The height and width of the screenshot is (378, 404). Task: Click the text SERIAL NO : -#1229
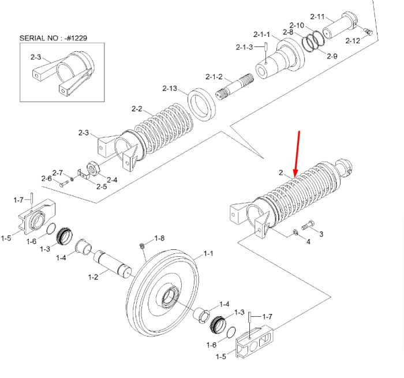click(53, 38)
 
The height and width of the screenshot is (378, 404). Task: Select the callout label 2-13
click(170, 88)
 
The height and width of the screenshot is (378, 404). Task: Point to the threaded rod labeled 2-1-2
click(234, 87)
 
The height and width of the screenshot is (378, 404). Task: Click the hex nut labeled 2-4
click(93, 169)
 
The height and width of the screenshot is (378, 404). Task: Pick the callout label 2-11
click(317, 17)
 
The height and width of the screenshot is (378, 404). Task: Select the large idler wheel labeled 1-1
click(163, 293)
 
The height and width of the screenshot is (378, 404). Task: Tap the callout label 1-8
click(159, 238)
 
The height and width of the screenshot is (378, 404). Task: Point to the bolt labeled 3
click(308, 225)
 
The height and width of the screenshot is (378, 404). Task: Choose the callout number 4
click(308, 242)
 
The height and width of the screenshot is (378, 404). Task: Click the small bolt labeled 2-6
click(64, 184)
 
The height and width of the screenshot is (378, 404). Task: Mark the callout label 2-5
click(102, 186)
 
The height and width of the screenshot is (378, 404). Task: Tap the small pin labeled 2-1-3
click(265, 53)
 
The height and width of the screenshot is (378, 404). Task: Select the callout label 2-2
click(137, 108)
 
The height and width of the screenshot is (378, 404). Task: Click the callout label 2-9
click(332, 56)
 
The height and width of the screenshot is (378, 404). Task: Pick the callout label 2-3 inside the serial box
click(36, 57)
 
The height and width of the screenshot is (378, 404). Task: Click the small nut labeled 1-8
click(143, 246)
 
